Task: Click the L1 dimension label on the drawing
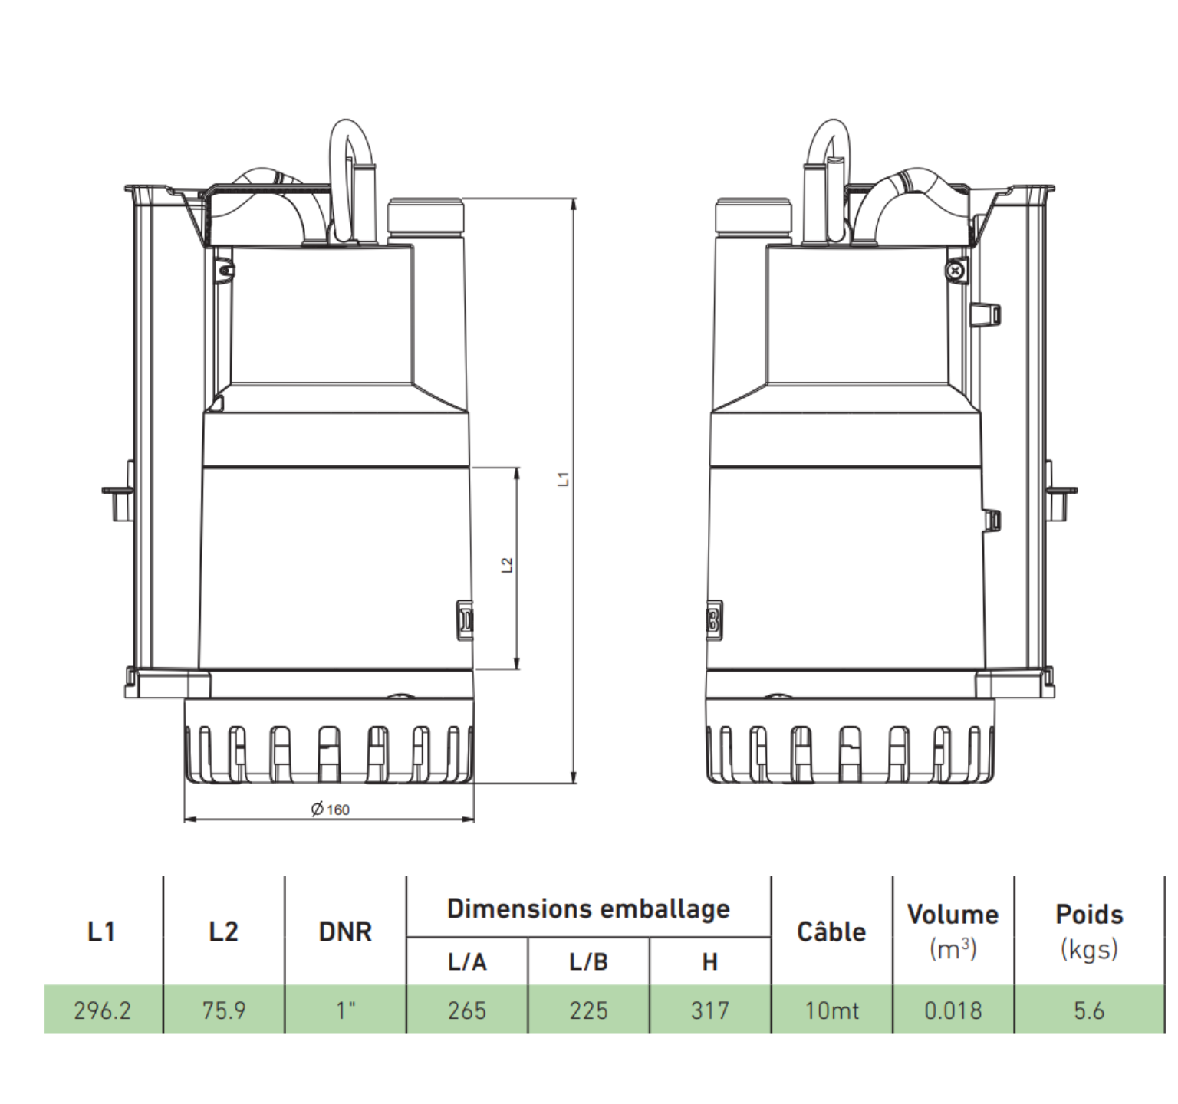[x=564, y=479]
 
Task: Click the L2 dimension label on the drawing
[x=507, y=565]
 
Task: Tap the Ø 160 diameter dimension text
[x=331, y=810]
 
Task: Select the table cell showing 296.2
[x=103, y=1010]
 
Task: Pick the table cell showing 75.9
[x=224, y=1010]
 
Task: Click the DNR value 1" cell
[x=346, y=1010]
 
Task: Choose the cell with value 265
[x=467, y=1010]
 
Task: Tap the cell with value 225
[x=588, y=1010]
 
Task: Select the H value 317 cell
[x=710, y=1010]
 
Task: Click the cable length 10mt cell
[x=832, y=1010]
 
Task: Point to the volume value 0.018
[x=953, y=1010]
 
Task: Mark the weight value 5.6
[x=1089, y=1010]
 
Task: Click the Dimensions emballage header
[x=588, y=909]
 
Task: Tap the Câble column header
[x=831, y=932]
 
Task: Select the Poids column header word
[x=1089, y=915]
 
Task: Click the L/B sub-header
[x=588, y=962]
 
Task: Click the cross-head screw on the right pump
[x=955, y=271]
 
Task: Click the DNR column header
[x=345, y=932]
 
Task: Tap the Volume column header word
[x=953, y=915]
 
